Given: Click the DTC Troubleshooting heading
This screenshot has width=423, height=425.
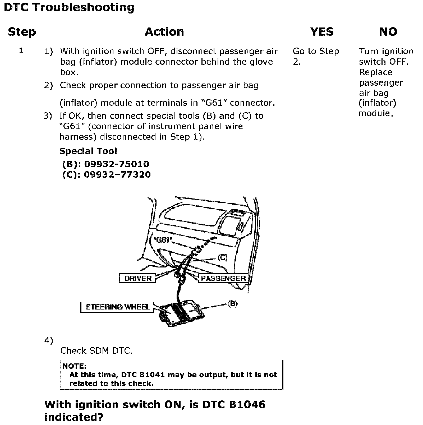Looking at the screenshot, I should [69, 7].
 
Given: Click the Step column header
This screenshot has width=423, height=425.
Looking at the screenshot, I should [22, 32].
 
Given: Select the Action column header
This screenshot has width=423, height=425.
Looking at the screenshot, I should [164, 32].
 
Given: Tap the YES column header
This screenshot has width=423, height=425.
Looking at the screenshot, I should [322, 32].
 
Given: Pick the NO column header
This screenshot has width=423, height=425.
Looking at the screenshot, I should [388, 32].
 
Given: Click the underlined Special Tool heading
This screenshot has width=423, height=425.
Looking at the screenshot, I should [88, 151].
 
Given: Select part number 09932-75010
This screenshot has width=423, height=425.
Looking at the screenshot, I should [117, 164].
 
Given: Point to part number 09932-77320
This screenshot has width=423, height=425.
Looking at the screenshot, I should [117, 175].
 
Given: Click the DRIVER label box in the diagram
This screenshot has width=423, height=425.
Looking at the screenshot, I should [137, 278].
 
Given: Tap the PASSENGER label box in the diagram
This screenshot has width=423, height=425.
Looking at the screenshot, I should [223, 278].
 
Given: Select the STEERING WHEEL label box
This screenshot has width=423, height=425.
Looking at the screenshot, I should [117, 307].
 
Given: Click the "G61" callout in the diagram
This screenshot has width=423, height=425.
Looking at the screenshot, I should [163, 240].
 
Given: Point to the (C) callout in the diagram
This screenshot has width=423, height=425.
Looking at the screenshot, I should [223, 257].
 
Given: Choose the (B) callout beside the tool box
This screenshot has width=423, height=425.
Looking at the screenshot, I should [233, 304].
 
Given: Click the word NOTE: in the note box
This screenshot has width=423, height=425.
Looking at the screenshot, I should [74, 366].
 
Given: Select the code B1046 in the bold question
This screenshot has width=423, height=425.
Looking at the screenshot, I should [247, 405].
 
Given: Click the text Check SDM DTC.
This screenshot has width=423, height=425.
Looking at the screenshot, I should [96, 351].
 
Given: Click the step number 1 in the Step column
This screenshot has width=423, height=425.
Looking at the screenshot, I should [21, 50].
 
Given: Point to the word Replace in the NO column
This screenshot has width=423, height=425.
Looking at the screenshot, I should [375, 72].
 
